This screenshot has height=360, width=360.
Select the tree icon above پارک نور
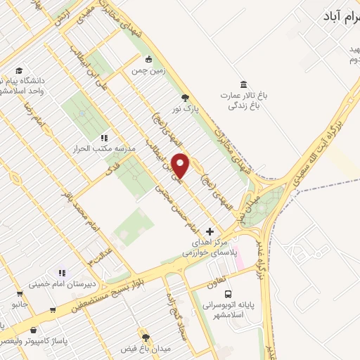185,98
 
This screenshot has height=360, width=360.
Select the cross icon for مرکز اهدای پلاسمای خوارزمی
210,231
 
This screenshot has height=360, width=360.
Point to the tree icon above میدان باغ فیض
146,338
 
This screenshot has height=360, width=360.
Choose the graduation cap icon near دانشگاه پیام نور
20,70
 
